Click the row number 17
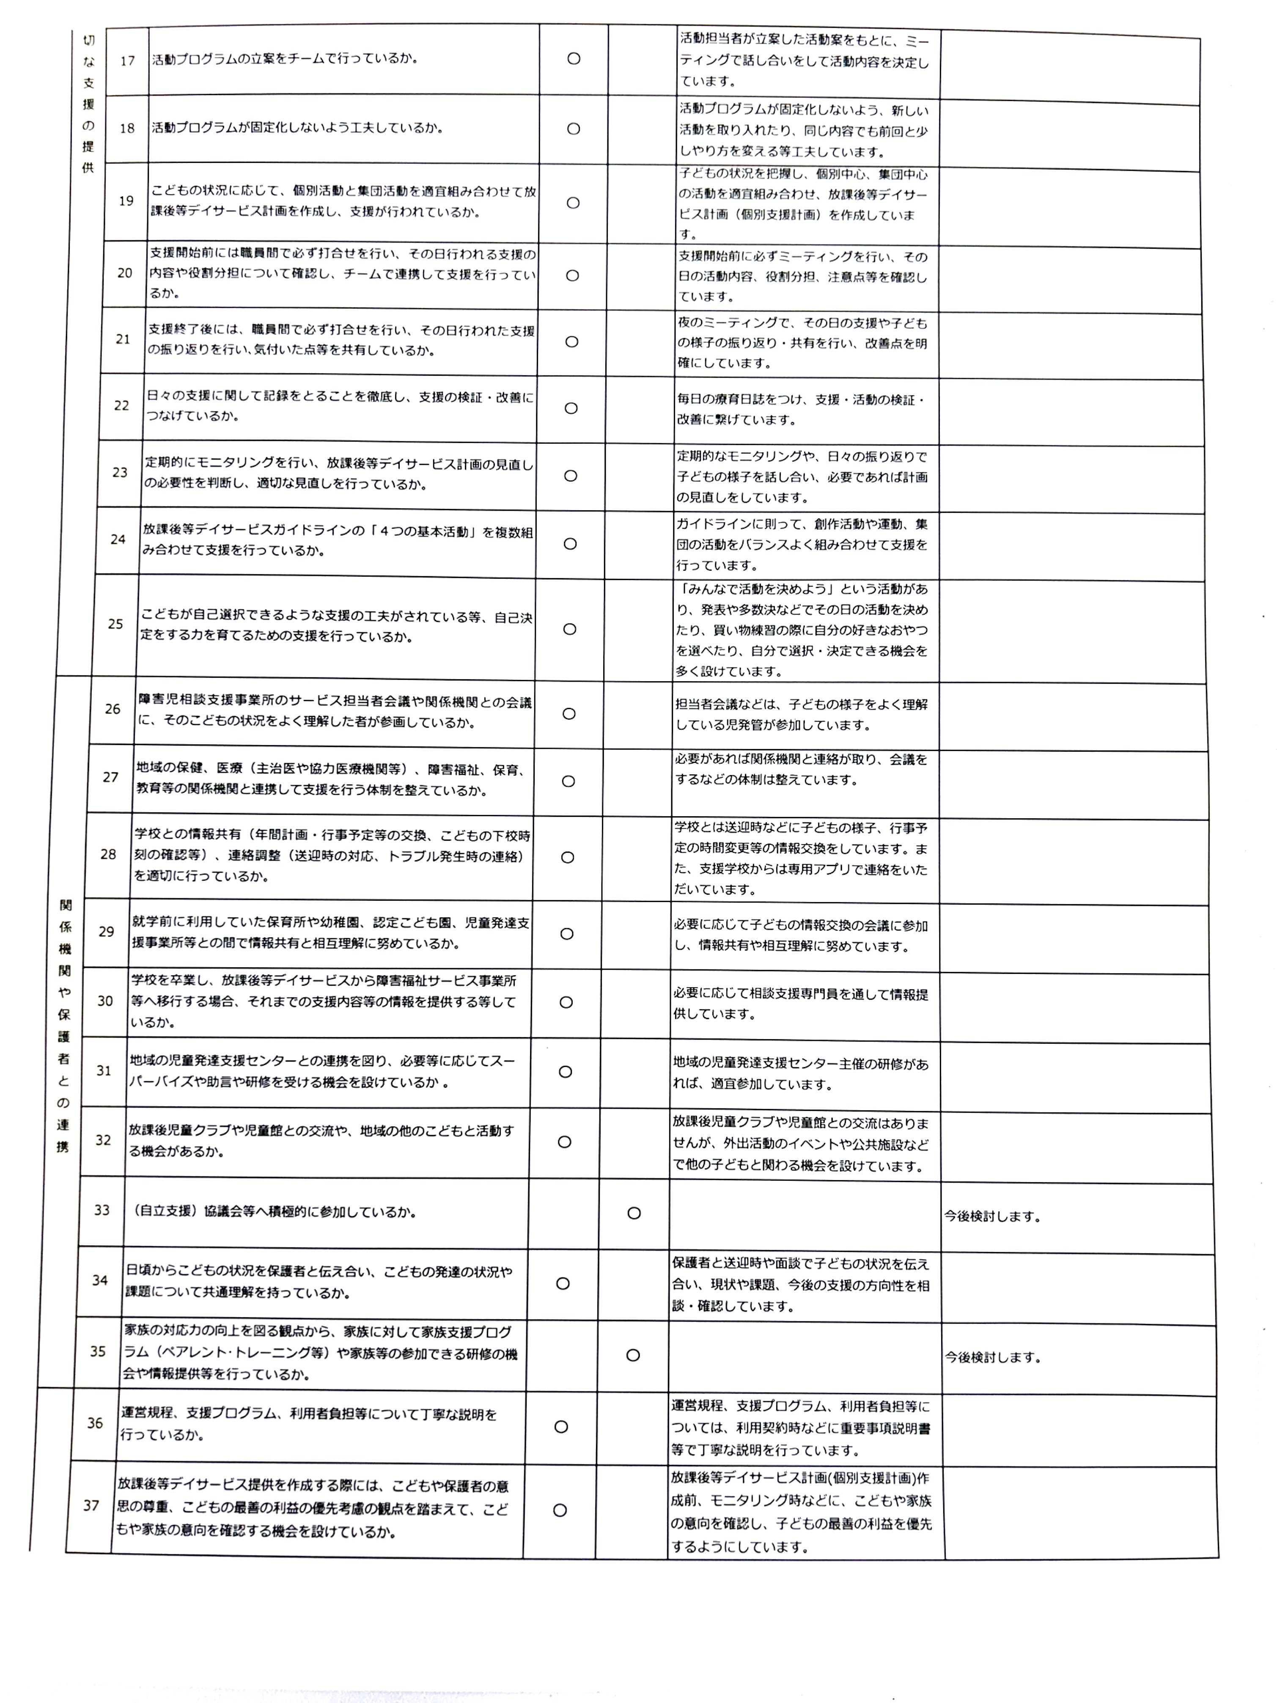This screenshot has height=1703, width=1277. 128,61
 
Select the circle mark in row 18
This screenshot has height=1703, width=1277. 574,129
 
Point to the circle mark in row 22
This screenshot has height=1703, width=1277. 571,408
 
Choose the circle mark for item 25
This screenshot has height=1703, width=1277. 570,629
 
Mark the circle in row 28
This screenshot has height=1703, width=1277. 567,857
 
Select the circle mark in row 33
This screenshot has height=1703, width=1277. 634,1213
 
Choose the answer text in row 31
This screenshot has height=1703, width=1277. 801,1074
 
